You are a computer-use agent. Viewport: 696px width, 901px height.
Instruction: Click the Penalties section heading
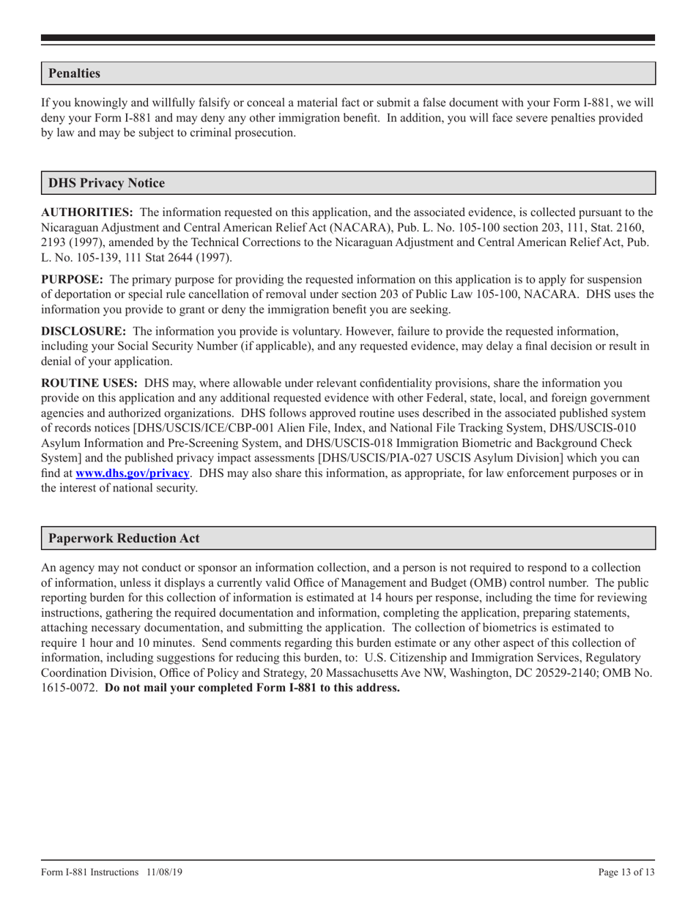(x=74, y=73)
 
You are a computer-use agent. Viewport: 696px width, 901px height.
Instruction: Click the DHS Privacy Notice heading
(x=106, y=183)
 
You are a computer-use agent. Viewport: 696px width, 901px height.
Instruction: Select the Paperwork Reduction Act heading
(x=124, y=538)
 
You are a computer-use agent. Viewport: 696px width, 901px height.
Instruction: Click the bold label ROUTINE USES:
(x=89, y=382)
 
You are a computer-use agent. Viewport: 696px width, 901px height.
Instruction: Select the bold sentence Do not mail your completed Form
(x=253, y=688)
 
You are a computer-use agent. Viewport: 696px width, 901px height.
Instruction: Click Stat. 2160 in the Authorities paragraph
(x=615, y=228)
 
